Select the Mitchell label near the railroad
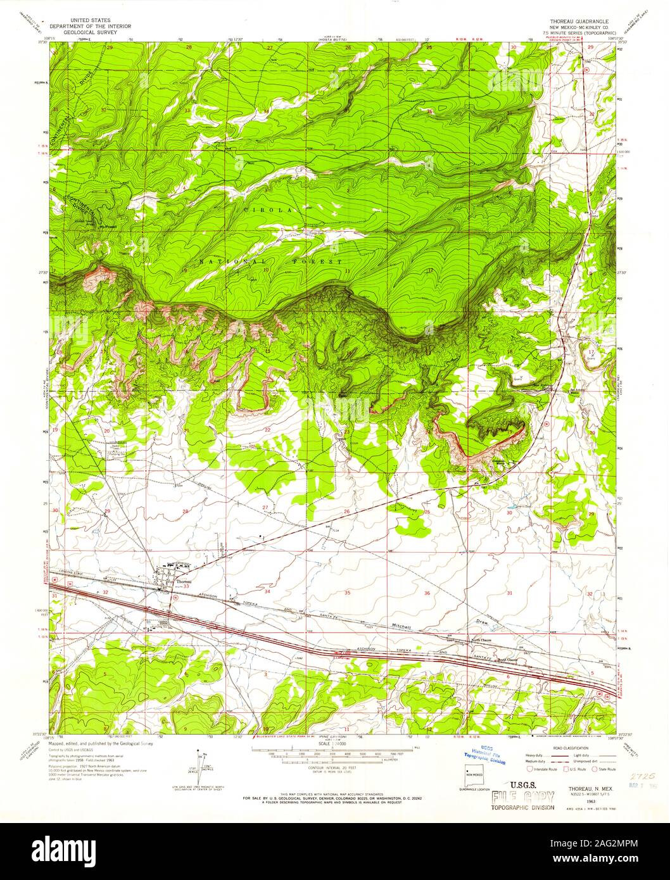click(x=402, y=626)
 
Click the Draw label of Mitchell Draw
click(x=483, y=622)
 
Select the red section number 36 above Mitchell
click(x=427, y=593)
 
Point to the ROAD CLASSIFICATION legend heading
click(x=565, y=747)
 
